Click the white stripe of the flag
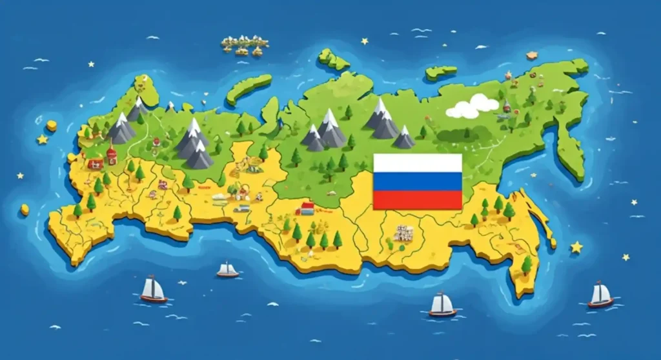coord(418,163)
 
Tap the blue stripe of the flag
coord(418,181)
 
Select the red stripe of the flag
coord(418,200)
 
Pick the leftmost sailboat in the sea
coord(154,290)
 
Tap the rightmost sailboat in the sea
coord(600,295)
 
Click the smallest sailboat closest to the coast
coord(227,270)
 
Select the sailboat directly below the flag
coord(442,305)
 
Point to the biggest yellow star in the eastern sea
coord(576,247)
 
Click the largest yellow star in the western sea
coord(43,139)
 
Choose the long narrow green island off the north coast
coord(249,88)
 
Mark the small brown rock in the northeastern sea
coord(531,55)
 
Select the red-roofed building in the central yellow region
coord(307,208)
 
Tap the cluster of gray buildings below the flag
coord(403,233)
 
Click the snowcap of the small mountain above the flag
coord(405,130)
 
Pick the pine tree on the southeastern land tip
coord(527,264)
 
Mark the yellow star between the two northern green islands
coord(365,41)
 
